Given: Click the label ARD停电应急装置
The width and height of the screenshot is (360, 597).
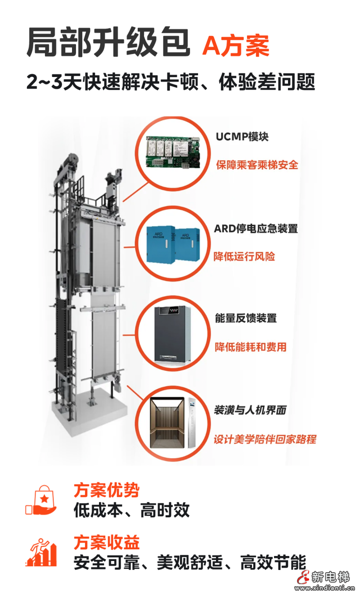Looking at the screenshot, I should [256, 228].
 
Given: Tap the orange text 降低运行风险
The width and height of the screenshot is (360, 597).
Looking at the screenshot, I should [244, 257].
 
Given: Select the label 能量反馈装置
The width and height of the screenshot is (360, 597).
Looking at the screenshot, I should [246, 318].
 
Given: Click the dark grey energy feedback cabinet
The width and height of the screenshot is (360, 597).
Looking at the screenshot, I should [173, 334].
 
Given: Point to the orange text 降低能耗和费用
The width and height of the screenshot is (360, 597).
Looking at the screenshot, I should [250, 347].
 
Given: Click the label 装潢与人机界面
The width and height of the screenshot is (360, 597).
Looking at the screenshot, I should [250, 410].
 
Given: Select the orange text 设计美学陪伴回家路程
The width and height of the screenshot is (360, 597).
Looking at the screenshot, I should [265, 439].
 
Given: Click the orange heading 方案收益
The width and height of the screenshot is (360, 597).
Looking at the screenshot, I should [107, 542].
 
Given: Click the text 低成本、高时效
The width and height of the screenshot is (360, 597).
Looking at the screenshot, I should [131, 511].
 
